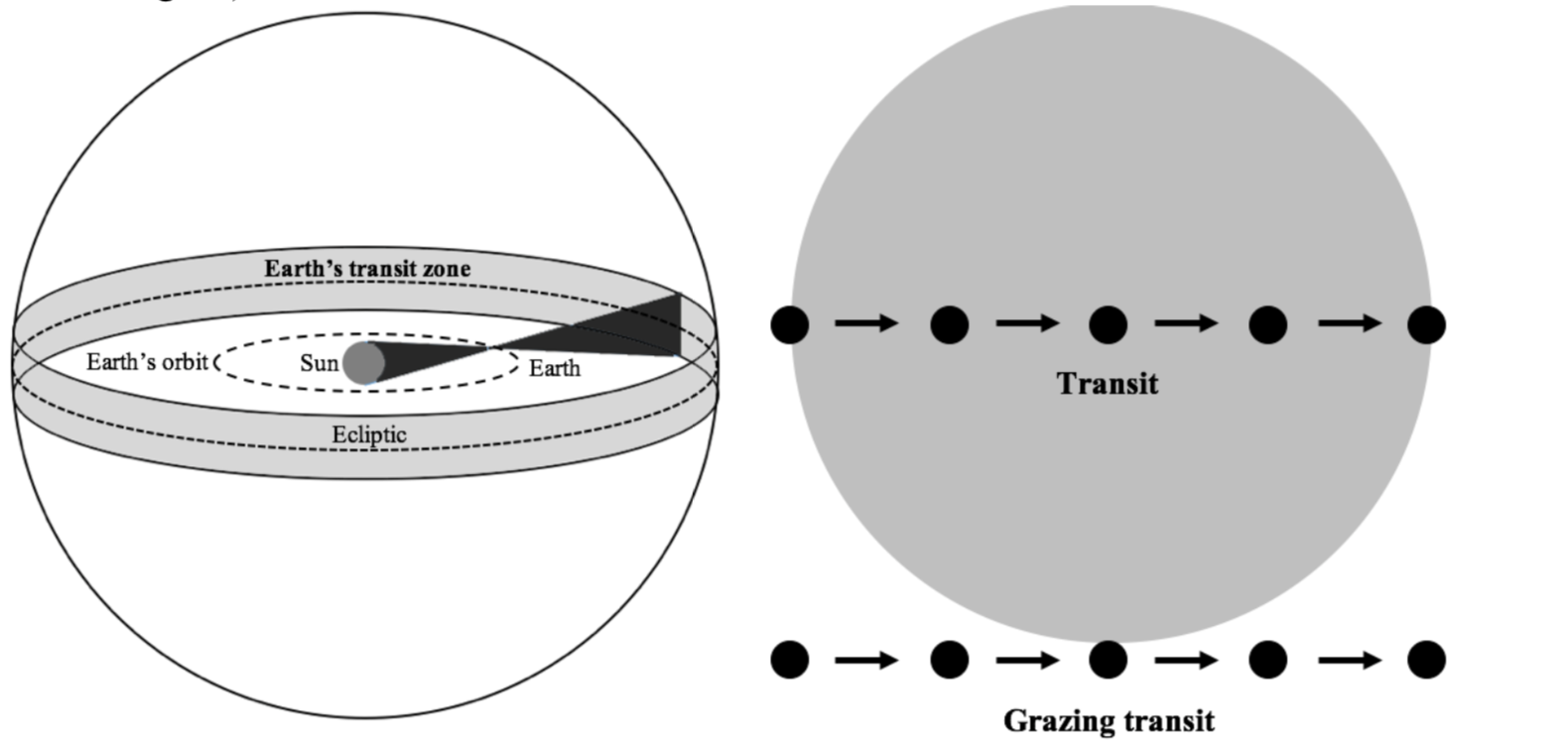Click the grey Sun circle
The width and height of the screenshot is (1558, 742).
pos(363,362)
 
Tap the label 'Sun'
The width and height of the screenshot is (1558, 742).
pos(319,363)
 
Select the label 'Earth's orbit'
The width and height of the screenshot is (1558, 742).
pos(147,362)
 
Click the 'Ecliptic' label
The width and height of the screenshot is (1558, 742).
pos(369,434)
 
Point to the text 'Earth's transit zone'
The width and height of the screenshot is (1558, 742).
pos(367,268)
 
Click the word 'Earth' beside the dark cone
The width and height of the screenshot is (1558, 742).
pos(554,369)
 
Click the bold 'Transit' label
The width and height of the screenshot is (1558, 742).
pos(1107,383)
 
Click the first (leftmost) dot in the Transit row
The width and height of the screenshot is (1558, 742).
pos(790,324)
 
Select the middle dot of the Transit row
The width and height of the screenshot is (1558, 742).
pos(1108,324)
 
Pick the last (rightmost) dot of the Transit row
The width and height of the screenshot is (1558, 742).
pos(1426,324)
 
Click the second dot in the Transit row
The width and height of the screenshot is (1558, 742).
pos(950,324)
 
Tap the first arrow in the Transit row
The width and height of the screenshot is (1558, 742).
pos(867,322)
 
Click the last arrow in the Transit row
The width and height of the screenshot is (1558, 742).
pos(1350,322)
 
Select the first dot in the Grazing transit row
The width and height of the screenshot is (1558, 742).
pos(790,660)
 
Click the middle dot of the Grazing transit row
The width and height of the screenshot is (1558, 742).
pos(1108,660)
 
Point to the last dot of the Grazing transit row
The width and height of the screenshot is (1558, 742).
pos(1426,660)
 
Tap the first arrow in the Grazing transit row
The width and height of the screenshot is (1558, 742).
pos(867,660)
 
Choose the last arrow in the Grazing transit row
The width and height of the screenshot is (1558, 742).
pos(1350,660)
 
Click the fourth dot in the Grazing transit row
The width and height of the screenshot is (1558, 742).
pos(1267,660)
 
